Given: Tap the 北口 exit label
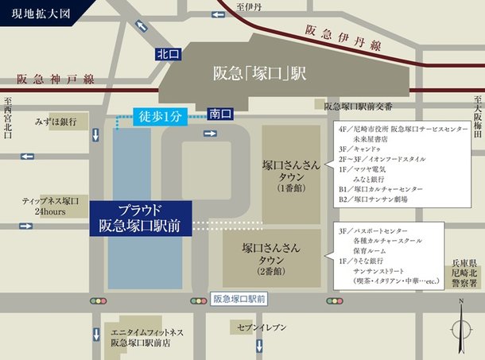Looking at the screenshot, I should coord(168,54).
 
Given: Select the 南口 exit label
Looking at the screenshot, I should coord(219,114).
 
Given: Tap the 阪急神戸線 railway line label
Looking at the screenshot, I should coord(56,79).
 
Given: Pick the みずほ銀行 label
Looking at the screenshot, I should coord(56,122).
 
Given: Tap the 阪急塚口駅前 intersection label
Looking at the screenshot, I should coord(240,300).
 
